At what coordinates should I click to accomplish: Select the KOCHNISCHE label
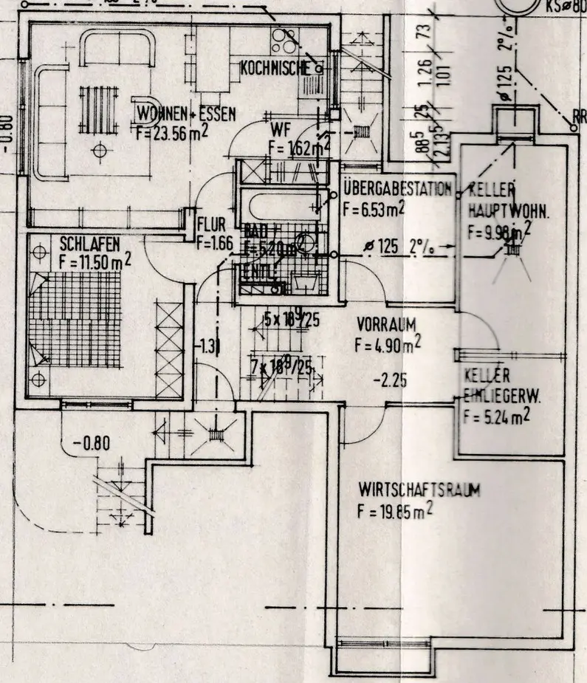point(275,69)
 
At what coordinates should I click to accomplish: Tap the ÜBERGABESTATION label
point(397,189)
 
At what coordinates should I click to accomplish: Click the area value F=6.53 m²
point(374,207)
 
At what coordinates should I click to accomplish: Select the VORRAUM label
point(388,324)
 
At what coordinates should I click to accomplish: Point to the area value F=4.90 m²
point(388,343)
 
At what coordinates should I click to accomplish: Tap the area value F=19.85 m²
point(396,511)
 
